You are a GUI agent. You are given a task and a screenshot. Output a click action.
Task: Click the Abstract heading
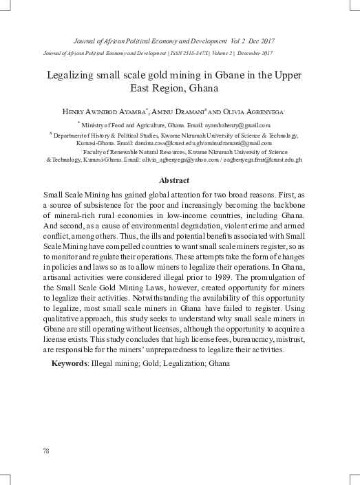(x=179, y=180)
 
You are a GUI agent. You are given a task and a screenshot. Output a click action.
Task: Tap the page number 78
(x=46, y=451)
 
